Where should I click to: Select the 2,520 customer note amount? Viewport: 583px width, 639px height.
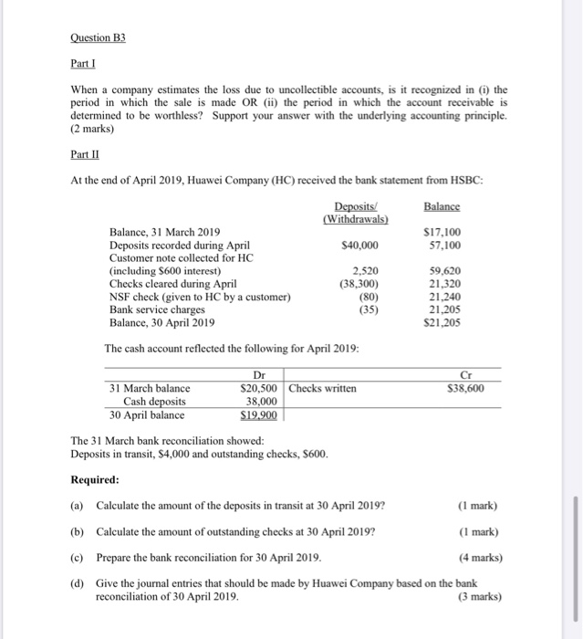365,271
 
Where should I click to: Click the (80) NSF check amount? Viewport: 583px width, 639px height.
367,297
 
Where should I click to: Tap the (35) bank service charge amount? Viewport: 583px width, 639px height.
367,309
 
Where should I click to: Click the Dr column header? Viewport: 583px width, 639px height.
258,375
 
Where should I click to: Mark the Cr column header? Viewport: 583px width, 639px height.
491,375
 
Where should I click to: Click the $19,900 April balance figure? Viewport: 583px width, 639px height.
258,414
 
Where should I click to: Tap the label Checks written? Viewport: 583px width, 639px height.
324,388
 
